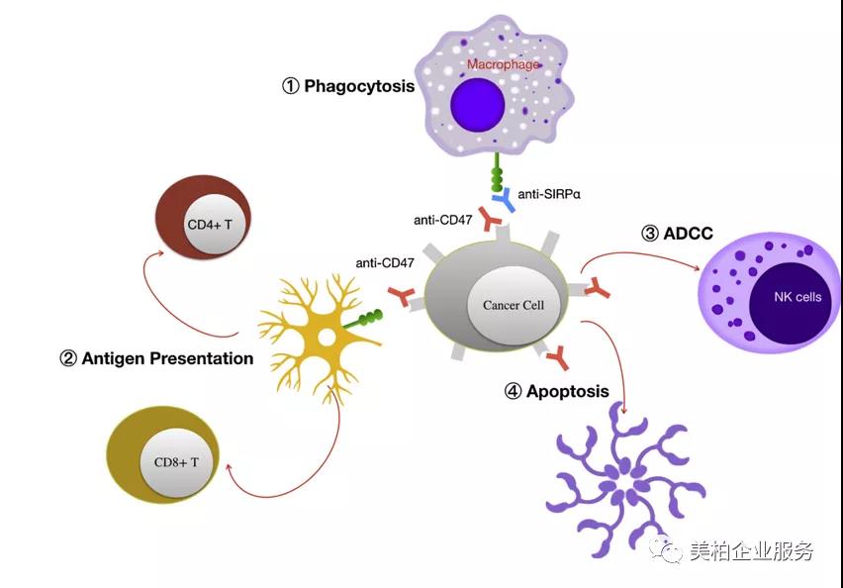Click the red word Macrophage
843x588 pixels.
point(503,64)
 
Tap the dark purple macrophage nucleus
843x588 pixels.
point(478,104)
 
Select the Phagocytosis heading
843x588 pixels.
point(349,86)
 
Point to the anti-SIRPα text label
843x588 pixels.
point(549,194)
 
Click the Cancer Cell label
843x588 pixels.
point(514,305)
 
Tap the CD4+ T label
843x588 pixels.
point(210,225)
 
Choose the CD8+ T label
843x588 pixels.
point(176,462)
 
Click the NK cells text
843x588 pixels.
point(797,296)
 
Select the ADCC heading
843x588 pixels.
point(678,234)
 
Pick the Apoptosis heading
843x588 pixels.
point(557,391)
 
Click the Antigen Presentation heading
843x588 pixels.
point(156,358)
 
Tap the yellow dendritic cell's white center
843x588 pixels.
point(326,338)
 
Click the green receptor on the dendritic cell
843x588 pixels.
point(363,319)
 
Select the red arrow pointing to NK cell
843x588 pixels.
point(640,255)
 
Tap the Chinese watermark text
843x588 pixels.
point(752,549)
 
